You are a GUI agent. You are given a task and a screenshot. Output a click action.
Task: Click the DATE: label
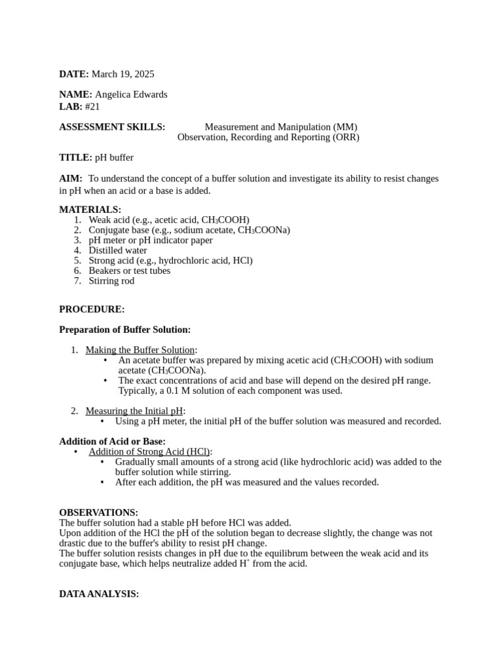click(x=74, y=74)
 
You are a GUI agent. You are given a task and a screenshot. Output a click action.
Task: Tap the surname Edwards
click(x=148, y=94)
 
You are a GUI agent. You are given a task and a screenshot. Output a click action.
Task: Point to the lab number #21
click(x=92, y=106)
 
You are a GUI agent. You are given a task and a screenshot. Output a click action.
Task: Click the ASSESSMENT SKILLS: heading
click(x=112, y=127)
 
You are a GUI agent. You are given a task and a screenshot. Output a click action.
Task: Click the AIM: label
click(x=71, y=178)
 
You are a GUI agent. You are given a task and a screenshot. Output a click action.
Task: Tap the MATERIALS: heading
click(x=90, y=210)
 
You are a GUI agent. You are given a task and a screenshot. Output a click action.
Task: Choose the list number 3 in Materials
click(x=77, y=240)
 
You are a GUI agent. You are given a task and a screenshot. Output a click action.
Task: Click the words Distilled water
click(x=118, y=250)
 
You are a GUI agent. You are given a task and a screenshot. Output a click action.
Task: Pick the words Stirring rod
click(x=111, y=280)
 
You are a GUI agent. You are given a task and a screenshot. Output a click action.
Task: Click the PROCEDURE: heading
click(x=92, y=309)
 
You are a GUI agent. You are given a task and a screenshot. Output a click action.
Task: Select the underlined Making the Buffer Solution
click(x=140, y=350)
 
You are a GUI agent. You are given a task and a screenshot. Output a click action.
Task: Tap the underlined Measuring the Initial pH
click(x=134, y=411)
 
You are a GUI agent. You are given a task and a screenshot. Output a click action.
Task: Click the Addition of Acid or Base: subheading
click(x=112, y=441)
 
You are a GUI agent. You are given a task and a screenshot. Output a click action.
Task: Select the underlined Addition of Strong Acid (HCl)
click(x=149, y=451)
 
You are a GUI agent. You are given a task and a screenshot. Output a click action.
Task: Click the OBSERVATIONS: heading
click(x=98, y=512)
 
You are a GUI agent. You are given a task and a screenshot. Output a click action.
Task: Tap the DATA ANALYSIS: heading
click(x=99, y=594)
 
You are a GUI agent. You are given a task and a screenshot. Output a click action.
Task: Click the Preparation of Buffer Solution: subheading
click(x=124, y=330)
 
